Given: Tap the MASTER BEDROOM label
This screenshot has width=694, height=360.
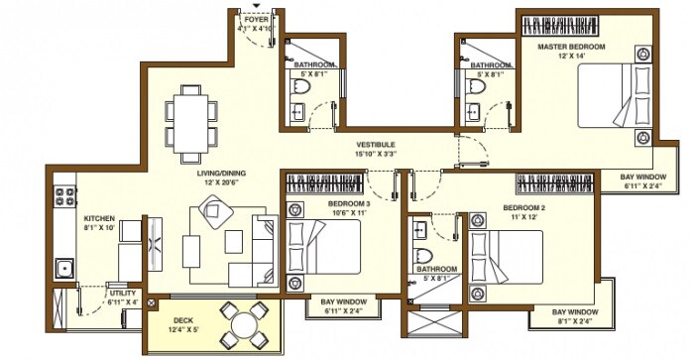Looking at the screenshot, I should tap(572, 47).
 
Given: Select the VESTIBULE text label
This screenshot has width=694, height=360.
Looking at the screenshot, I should tap(377, 144).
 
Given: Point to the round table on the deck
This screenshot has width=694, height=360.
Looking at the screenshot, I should tap(243, 324).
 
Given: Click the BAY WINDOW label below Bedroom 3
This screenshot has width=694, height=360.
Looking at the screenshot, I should tap(344, 301).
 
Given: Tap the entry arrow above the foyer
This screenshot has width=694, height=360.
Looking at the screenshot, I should tap(255, 5).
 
